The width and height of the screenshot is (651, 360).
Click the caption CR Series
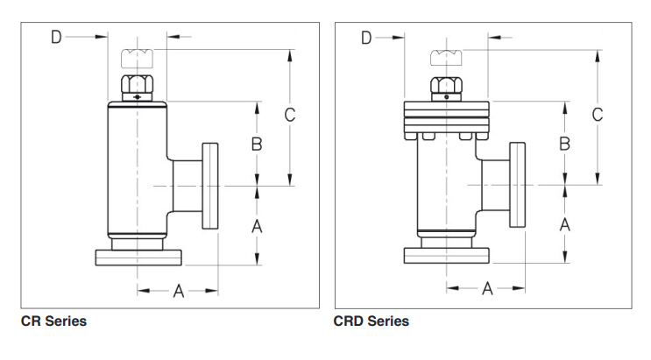pos(53,321)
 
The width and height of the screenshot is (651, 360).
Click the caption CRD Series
pos(371,321)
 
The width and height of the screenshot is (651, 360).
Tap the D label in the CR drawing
pos(56,37)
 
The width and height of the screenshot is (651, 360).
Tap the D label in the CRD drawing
pos(366,37)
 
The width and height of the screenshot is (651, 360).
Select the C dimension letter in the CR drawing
pos(290,115)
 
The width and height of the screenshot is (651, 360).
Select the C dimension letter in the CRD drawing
pos(598,115)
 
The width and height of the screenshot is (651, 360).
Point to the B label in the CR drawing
pos(257,145)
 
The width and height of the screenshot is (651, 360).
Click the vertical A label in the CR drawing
pos(257,225)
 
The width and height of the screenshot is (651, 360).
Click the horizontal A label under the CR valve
pos(178,291)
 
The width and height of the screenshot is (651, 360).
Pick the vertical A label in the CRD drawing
pos(565,225)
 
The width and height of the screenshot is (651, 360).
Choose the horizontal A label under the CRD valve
pos(487,289)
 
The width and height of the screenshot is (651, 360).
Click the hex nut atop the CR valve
pos(137,86)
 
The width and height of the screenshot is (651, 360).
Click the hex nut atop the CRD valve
pos(446,87)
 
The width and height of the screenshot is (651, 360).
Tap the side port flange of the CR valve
pos(210,186)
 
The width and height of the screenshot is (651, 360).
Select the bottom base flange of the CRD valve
pos(446,256)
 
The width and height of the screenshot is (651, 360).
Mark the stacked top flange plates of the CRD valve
pos(446,117)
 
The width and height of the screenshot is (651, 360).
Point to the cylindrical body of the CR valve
pos(137,166)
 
